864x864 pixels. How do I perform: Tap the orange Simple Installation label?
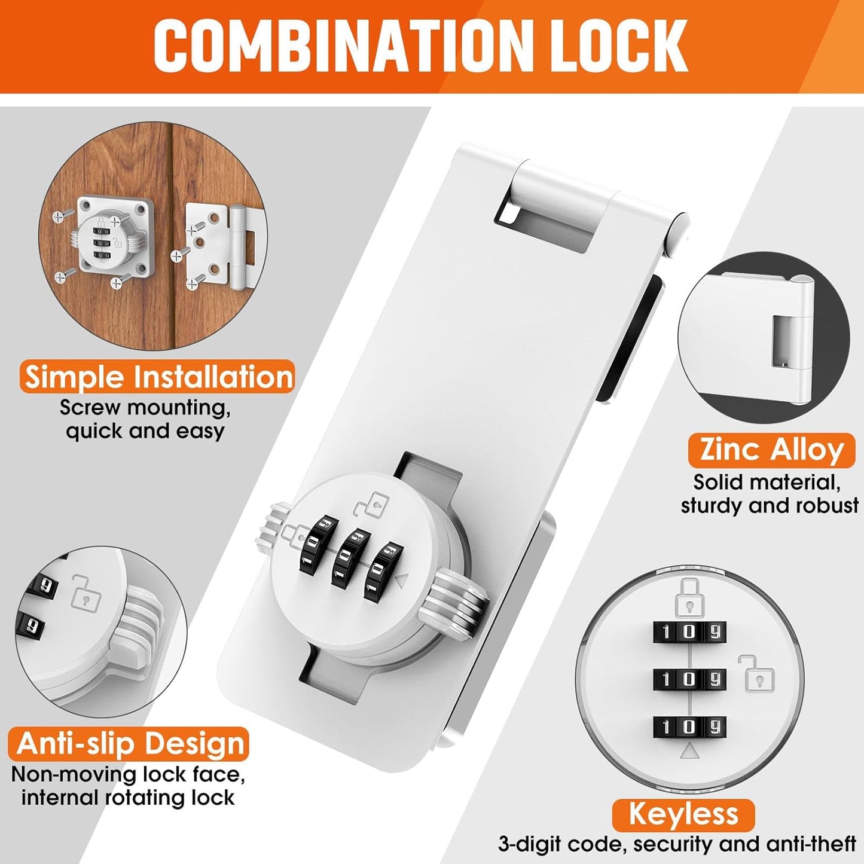158,377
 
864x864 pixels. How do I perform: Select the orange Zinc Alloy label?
771,450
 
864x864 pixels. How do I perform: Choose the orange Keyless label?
683,814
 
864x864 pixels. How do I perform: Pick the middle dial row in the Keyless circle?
689,679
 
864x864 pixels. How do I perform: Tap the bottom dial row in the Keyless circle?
689,726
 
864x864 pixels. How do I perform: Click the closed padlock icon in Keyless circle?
689,598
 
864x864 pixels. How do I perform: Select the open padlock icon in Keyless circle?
756,673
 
